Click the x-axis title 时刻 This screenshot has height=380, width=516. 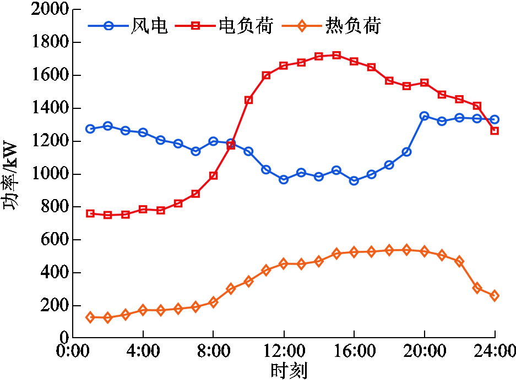[289, 370]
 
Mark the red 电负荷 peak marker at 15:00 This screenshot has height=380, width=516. [336, 55]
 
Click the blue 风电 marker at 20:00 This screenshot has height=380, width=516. [424, 116]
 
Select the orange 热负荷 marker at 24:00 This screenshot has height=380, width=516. [495, 295]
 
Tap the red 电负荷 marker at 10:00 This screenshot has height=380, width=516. [248, 100]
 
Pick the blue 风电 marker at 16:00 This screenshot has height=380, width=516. [354, 180]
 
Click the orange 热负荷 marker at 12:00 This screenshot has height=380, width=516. [284, 263]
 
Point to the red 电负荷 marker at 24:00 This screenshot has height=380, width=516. [495, 131]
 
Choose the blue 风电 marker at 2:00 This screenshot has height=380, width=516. [108, 126]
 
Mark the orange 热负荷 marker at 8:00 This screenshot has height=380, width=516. [213, 302]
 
